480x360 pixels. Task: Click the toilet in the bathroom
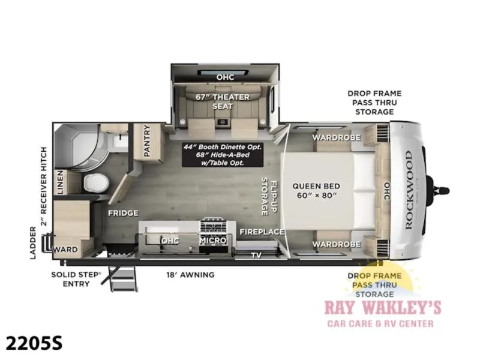[x=96, y=183]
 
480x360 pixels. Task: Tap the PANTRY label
[x=147, y=141]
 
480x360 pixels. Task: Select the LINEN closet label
[x=60, y=182]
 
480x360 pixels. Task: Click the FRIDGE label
[x=123, y=213]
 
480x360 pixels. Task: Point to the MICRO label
[x=213, y=241]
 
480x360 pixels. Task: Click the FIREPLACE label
[x=262, y=232]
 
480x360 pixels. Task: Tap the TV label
[x=256, y=255]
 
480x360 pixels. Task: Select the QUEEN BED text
[x=316, y=186]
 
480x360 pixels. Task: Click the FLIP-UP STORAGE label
[x=269, y=196]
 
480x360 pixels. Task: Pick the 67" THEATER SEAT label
[x=223, y=101]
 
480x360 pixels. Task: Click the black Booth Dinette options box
[x=223, y=155]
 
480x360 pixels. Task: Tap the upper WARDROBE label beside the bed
[x=337, y=138]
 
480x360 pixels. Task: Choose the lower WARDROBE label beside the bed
[x=337, y=244]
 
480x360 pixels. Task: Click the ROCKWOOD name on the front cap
[x=409, y=190]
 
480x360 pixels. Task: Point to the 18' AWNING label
[x=190, y=275]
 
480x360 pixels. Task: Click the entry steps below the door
[x=122, y=279]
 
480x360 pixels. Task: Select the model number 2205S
[x=34, y=343]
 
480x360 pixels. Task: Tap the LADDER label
[x=33, y=243]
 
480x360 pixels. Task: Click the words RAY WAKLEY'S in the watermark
[x=383, y=308]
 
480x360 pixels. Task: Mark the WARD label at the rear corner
[x=65, y=250]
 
